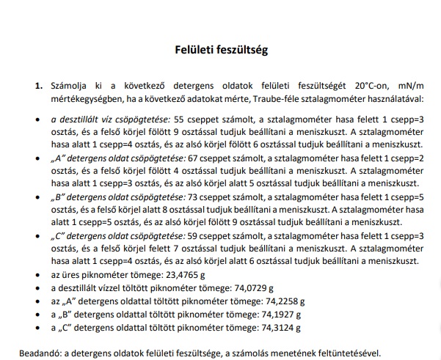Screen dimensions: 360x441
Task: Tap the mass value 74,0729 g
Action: pos(249,288)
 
